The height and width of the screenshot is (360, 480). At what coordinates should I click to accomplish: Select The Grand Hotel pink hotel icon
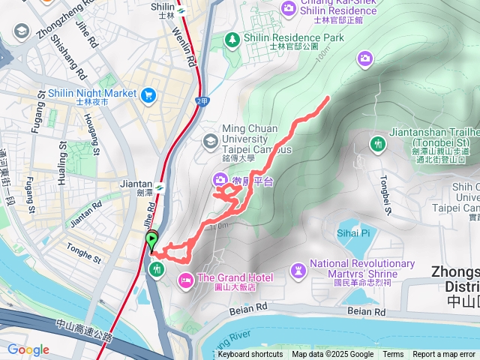184,280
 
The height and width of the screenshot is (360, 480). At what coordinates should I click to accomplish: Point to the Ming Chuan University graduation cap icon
211,140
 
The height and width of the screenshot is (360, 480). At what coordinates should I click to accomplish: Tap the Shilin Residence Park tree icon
233,38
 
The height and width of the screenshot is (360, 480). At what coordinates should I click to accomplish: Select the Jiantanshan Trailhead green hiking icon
378,143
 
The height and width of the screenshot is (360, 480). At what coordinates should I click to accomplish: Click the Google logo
28,349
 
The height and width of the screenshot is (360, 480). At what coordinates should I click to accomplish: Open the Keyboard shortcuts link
250,355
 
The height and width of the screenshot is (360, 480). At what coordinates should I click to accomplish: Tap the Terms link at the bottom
393,355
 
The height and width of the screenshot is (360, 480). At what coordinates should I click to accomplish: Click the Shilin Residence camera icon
289,8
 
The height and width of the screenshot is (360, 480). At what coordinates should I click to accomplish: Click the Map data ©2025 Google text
332,355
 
